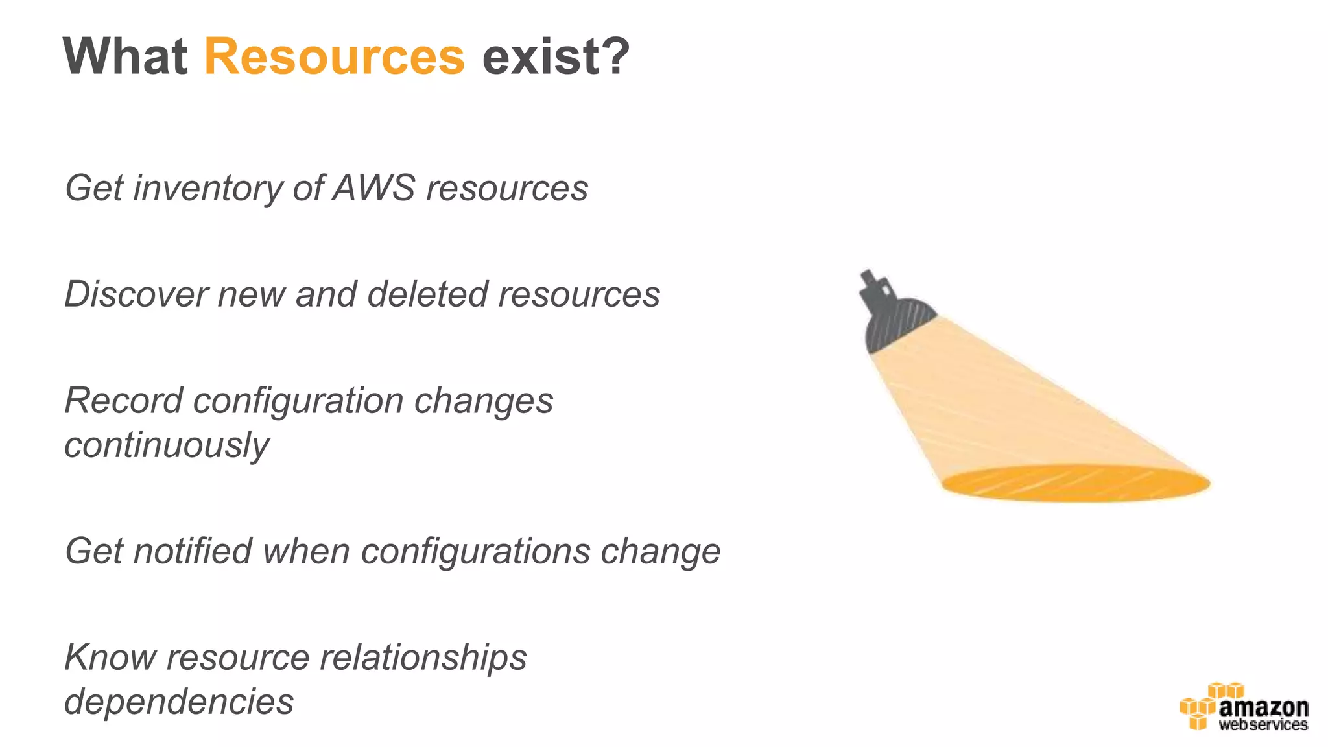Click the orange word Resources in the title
click(334, 57)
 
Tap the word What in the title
click(125, 57)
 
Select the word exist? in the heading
click(556, 57)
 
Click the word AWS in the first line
click(374, 188)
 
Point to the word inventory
click(207, 189)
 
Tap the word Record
click(123, 401)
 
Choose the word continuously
click(167, 445)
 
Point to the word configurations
click(475, 552)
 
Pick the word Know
click(110, 658)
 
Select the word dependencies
click(179, 702)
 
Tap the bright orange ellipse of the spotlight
click(1076, 484)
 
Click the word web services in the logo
click(1263, 725)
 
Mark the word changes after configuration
click(484, 401)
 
